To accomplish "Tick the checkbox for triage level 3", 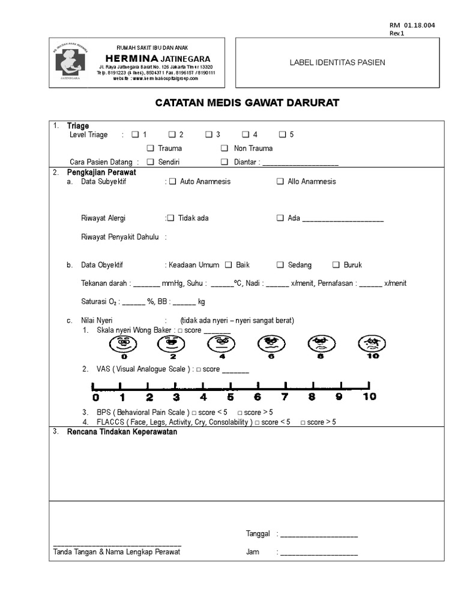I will pos(209,135).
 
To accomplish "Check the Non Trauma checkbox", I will pos(224,148).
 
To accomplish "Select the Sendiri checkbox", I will pos(151,162).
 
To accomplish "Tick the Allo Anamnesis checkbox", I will pos(280,181).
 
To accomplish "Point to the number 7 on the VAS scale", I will pos(285,396).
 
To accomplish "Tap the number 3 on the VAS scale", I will pos(176,396).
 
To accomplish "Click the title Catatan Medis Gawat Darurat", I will pos(247,103).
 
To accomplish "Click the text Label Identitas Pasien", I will pos(337,62).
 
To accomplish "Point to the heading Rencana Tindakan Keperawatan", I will pos(122,432).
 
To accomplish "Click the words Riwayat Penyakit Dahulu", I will pos(120,237).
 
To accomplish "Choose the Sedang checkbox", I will pos(280,265).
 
